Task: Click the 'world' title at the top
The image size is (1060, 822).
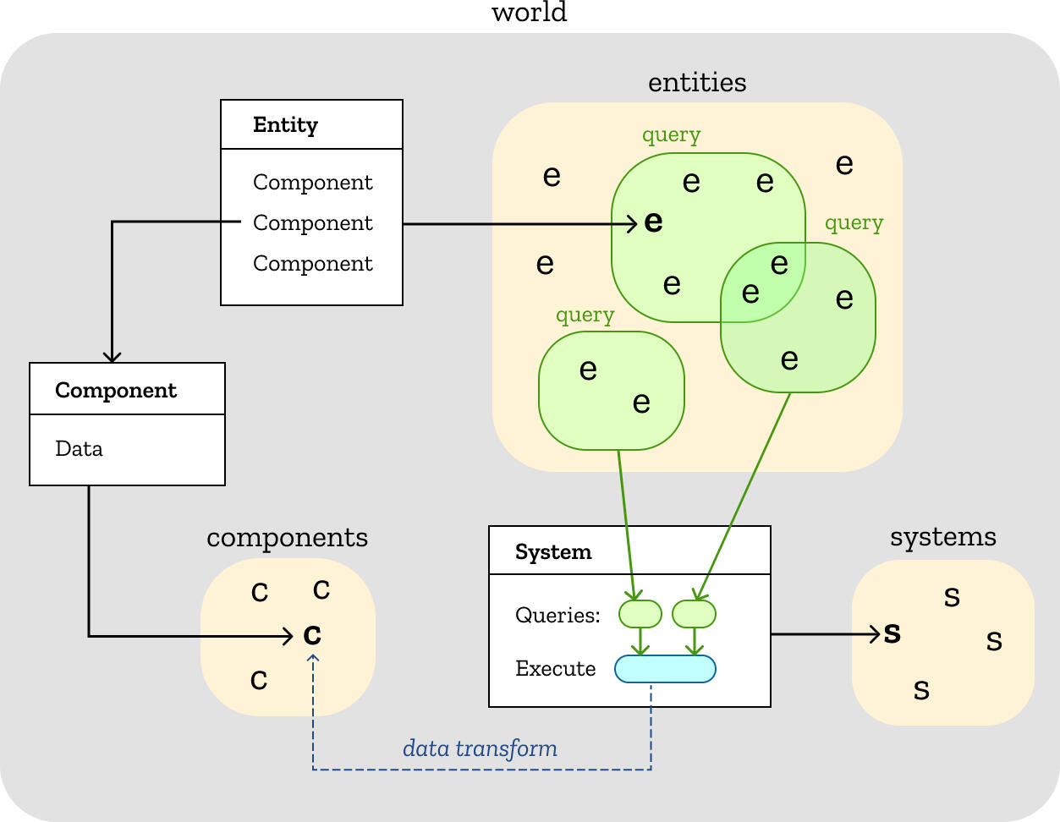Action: (530, 12)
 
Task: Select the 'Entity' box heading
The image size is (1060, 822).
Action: (285, 125)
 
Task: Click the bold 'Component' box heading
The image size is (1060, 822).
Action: (116, 390)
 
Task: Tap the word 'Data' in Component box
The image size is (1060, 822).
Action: (79, 448)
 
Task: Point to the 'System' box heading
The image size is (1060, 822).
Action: (553, 552)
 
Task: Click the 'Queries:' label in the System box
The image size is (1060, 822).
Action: (557, 615)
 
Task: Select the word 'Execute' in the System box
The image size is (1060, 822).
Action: (555, 669)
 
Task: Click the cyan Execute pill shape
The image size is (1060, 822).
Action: (665, 669)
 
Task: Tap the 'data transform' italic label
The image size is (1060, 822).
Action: (480, 748)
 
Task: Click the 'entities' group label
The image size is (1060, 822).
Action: (697, 82)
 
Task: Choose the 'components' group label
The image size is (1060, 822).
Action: (287, 537)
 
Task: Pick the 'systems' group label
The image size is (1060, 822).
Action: (942, 537)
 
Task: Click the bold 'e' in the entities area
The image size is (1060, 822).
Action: (653, 222)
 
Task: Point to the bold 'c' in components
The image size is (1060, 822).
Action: (312, 634)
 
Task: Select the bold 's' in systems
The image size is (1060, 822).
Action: (892, 633)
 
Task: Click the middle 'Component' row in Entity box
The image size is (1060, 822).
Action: (312, 222)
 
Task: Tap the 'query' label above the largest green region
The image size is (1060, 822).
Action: (671, 135)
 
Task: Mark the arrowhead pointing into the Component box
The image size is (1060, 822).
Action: (112, 356)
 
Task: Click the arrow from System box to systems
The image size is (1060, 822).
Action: (825, 633)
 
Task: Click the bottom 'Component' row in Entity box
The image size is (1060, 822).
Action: (312, 263)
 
